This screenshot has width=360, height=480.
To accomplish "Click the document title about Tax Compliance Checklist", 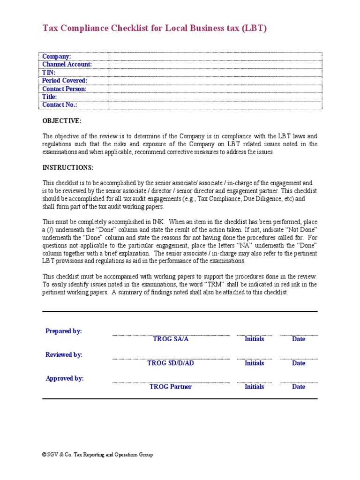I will (x=155, y=28).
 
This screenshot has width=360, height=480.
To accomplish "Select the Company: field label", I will (x=57, y=56).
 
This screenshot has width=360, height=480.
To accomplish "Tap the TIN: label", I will (x=49, y=73).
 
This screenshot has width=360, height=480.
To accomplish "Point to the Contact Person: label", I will (x=64, y=89).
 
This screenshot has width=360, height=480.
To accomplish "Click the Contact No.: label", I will (x=60, y=105).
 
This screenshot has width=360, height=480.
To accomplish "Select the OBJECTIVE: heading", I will (x=62, y=121).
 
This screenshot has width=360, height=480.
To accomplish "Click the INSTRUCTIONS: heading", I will (x=68, y=167).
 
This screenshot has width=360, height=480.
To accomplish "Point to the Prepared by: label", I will (x=64, y=331).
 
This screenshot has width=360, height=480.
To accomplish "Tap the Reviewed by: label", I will (x=64, y=355).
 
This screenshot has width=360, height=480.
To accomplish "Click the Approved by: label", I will (x=65, y=378).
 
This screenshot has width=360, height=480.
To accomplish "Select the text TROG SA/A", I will (x=171, y=339).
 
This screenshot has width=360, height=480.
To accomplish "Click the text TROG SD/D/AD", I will (x=171, y=363).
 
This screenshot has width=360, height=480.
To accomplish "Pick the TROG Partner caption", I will (x=171, y=387).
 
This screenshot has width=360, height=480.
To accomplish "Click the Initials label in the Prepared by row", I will (x=254, y=339).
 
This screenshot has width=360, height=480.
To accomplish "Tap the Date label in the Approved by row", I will (x=299, y=387).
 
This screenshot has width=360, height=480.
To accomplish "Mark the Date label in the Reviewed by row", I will (x=299, y=363).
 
